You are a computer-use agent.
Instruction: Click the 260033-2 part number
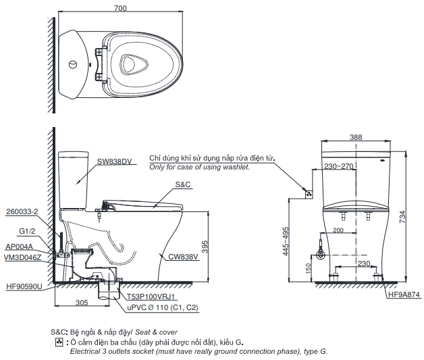(x=21, y=211)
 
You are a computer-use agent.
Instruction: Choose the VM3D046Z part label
(x=22, y=257)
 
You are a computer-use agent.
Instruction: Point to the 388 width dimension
(x=355, y=137)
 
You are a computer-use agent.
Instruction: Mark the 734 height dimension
(x=403, y=216)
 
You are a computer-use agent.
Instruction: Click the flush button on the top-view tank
(x=72, y=66)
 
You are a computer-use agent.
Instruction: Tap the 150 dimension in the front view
(x=309, y=269)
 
